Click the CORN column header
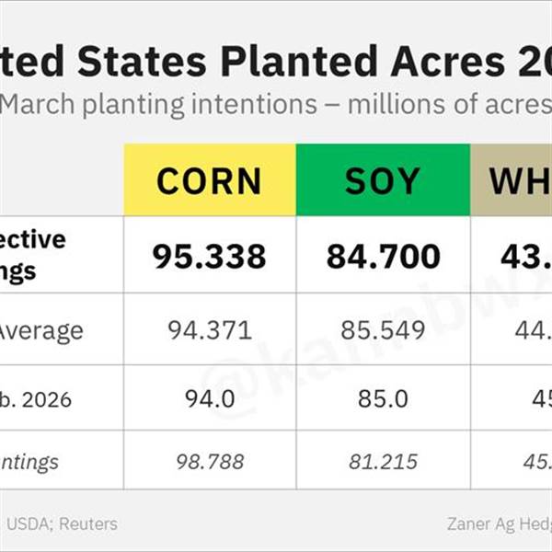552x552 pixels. tap(209, 181)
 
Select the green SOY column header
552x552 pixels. tap(382, 181)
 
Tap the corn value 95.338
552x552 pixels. tap(209, 256)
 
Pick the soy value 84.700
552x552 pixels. tap(383, 256)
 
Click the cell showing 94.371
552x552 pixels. tap(209, 330)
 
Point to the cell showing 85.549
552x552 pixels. tap(383, 330)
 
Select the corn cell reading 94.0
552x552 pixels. tap(209, 400)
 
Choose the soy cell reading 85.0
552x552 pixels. tap(383, 400)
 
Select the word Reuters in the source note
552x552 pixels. tap(87, 524)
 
